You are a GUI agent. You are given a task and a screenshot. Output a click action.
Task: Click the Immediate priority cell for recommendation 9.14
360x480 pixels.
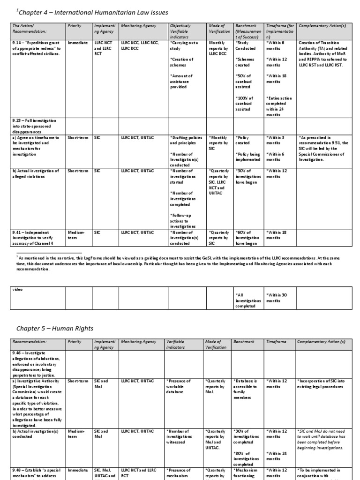(78, 43)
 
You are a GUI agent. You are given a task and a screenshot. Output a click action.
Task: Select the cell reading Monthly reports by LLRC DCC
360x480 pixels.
(218, 48)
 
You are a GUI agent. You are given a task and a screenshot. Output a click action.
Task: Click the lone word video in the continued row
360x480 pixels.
(18, 289)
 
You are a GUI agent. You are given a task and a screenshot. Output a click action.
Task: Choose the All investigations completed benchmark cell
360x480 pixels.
(247, 300)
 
